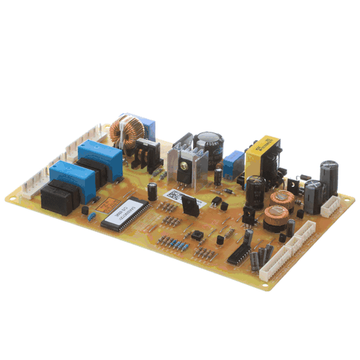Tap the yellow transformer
click(263, 153)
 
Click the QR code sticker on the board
click(173, 197)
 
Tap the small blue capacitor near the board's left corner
click(91, 217)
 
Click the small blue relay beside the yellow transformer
click(232, 165)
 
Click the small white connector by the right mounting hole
click(332, 207)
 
